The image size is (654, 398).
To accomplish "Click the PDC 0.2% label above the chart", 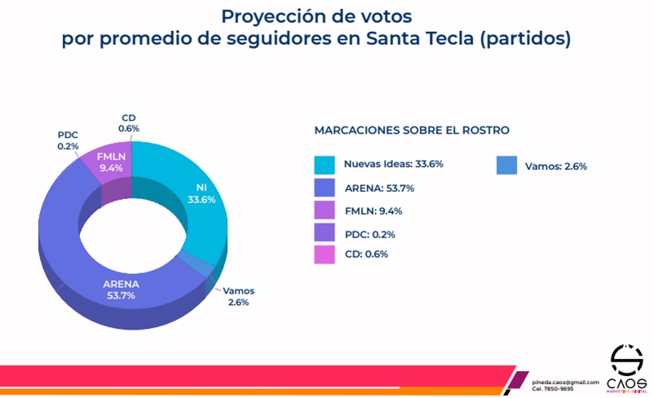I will (x=68, y=139).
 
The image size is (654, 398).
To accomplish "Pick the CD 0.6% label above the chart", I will (x=129, y=122).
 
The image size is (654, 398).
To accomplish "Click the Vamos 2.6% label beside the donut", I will (x=238, y=295).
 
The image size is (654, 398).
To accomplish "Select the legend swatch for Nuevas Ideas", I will (x=325, y=165).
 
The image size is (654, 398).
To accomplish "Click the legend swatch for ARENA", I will (x=325, y=188).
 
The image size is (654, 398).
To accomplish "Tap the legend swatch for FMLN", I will (x=325, y=210).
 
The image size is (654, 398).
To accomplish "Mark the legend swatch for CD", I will (x=325, y=254).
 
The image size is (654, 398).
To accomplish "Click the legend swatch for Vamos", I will (x=506, y=166).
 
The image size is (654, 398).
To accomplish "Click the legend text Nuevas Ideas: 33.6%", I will (x=393, y=164).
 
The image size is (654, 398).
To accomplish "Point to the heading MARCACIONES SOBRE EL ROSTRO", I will (x=411, y=130).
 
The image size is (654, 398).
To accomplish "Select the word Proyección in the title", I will (x=274, y=15).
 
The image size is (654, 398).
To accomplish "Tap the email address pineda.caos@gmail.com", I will (x=565, y=382).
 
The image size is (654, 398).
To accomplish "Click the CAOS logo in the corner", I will (x=626, y=368).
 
